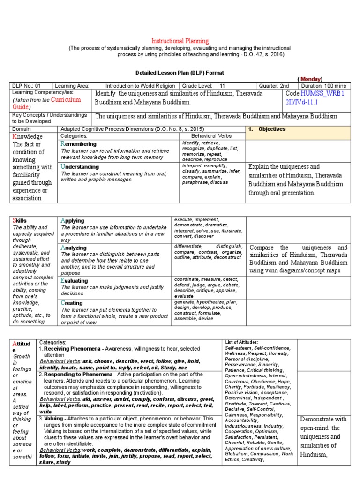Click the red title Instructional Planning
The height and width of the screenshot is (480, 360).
tap(180, 41)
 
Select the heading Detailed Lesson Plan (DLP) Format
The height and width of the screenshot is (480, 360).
tap(180, 73)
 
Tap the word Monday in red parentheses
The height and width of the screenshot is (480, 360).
tap(310, 79)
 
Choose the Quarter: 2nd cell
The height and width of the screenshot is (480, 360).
tap(275, 86)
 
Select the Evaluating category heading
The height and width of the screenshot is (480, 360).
tap(75, 280)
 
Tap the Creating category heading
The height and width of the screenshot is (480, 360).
tap(73, 303)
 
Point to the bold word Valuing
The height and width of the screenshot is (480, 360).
tap(56, 418)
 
